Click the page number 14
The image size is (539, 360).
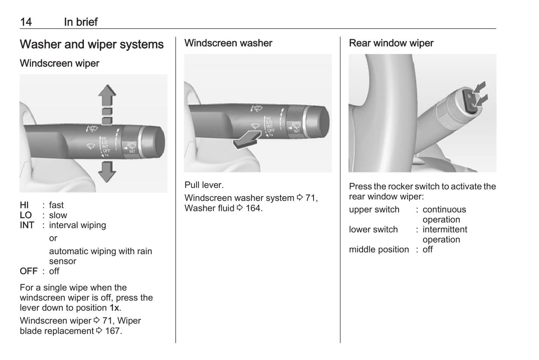click(x=26, y=22)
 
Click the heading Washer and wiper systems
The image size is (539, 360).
click(x=91, y=44)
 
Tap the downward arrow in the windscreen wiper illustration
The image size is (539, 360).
click(x=107, y=171)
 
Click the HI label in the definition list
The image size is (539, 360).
click(x=24, y=205)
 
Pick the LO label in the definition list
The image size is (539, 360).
click(x=26, y=215)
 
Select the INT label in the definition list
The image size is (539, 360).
click(x=27, y=225)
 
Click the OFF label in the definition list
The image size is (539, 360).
click(x=28, y=271)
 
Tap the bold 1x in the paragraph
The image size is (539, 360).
click(x=114, y=308)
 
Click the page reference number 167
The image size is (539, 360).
click(x=112, y=331)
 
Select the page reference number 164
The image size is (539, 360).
click(x=253, y=208)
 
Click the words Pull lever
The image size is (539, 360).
click(x=204, y=185)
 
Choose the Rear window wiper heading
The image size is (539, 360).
click(x=391, y=43)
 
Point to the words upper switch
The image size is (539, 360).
click(x=374, y=210)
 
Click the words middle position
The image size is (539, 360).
click(x=379, y=250)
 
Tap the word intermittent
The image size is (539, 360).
click(x=445, y=229)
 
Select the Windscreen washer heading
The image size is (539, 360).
click(x=228, y=43)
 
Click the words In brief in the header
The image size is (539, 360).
click(x=81, y=22)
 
